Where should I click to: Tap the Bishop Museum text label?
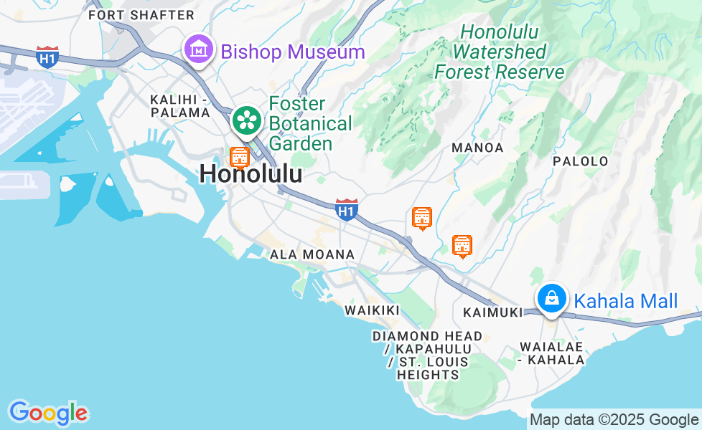click(293, 52)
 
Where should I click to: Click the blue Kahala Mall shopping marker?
click(551, 297)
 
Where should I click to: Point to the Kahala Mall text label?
click(627, 301)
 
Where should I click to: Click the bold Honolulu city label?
click(251, 174)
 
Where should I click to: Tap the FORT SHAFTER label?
click(141, 15)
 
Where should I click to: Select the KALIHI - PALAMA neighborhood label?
click(179, 105)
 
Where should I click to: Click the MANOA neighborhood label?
click(477, 148)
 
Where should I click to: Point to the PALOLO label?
click(581, 161)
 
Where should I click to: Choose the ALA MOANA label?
click(312, 254)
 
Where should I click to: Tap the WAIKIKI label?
click(372, 310)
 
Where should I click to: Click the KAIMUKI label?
click(492, 312)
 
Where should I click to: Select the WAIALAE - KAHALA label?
click(551, 353)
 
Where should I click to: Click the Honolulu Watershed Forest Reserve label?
click(500, 52)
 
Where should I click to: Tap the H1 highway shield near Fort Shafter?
click(47, 57)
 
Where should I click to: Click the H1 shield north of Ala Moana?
click(347, 209)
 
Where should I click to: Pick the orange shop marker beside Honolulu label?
click(239, 156)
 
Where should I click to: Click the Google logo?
click(48, 413)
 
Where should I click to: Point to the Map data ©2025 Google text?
click(614, 420)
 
